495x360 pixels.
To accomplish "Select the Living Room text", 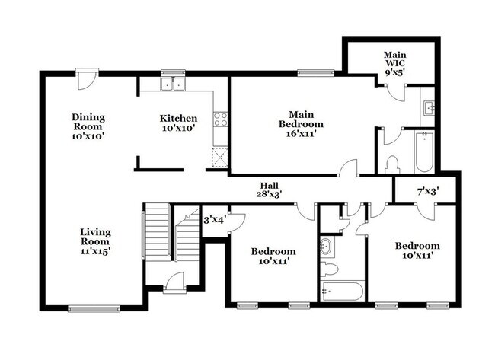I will point(97,241).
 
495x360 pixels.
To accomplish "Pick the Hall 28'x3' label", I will point(270,190).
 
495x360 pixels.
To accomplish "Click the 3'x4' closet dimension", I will point(213,220).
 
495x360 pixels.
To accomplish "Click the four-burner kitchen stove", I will point(220,119).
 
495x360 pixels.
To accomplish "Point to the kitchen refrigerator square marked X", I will point(219,158).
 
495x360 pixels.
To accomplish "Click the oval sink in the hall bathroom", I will point(327,245).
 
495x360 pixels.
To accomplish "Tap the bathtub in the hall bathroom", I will point(341,292).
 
